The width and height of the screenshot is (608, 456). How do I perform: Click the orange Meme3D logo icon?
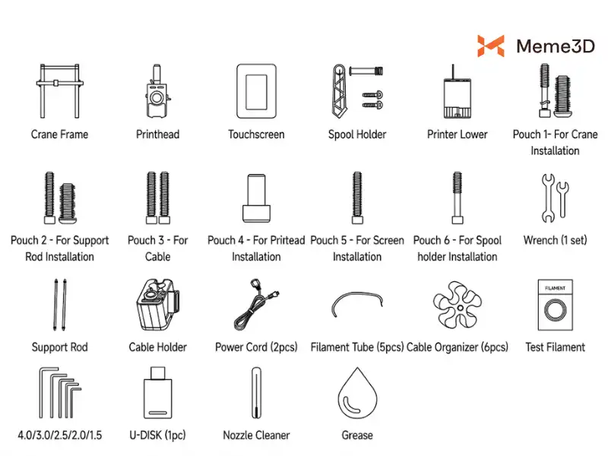(x=490, y=46)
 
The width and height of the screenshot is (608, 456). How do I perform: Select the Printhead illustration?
(x=157, y=91)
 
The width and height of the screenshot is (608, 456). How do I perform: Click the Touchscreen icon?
(x=256, y=91)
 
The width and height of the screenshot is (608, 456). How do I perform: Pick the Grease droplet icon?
(x=357, y=393)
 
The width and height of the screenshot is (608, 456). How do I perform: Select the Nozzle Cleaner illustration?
(x=256, y=393)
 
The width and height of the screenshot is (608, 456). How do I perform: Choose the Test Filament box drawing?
(x=555, y=305)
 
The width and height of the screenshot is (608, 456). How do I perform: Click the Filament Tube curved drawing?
(x=357, y=294)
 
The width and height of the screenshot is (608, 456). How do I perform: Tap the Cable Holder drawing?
(x=157, y=305)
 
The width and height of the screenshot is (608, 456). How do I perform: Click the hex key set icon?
(x=60, y=393)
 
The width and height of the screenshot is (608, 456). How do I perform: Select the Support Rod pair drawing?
(x=60, y=305)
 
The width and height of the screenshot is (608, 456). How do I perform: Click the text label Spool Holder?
(x=357, y=135)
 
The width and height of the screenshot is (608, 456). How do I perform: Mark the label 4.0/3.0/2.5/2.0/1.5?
(x=60, y=435)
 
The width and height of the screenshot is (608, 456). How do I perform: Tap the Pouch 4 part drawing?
(x=256, y=198)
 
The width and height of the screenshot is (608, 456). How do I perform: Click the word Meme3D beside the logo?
(x=556, y=46)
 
